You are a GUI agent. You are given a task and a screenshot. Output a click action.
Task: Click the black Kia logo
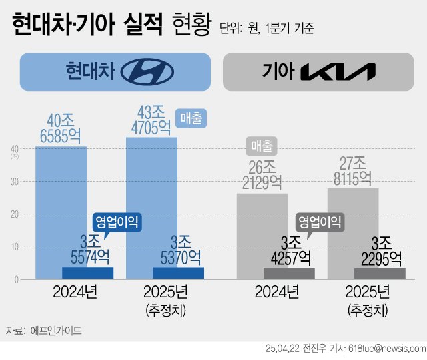[x=339, y=71]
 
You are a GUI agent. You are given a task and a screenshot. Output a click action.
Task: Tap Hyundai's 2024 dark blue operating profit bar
[x=88, y=273]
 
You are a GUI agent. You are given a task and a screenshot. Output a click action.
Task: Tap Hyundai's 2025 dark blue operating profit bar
[x=178, y=273]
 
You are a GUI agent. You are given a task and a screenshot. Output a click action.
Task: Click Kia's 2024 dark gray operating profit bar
[x=289, y=273]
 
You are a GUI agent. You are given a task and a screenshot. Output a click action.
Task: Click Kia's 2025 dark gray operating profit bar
[x=380, y=273]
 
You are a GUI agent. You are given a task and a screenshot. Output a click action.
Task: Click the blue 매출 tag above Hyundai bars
[x=193, y=118]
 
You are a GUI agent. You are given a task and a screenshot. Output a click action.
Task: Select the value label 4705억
[x=151, y=128]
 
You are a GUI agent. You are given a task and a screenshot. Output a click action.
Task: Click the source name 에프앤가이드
[x=57, y=330]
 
